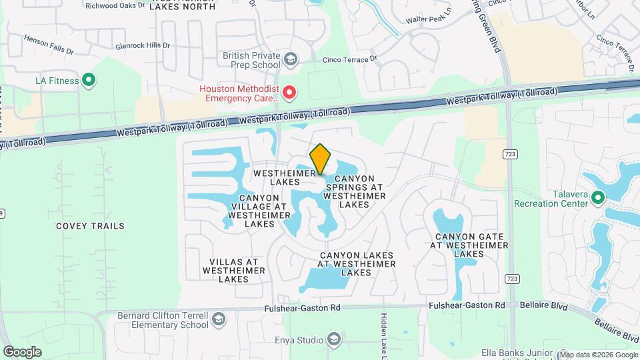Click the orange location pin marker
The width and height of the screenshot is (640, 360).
(321, 159)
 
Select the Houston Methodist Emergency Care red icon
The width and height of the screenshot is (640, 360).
(289, 93)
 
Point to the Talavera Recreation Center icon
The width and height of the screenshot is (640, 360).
(597, 198)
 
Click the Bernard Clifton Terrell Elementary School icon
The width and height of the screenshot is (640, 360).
(217, 321)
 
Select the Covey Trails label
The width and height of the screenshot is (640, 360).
(90, 226)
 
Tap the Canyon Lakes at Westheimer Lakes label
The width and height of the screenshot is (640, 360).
(356, 264)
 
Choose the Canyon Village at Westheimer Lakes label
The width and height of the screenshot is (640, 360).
(259, 211)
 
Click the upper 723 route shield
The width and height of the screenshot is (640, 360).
(510, 154)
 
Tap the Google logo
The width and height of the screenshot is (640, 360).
(22, 351)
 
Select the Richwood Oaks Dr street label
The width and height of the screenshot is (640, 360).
(115, 5)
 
